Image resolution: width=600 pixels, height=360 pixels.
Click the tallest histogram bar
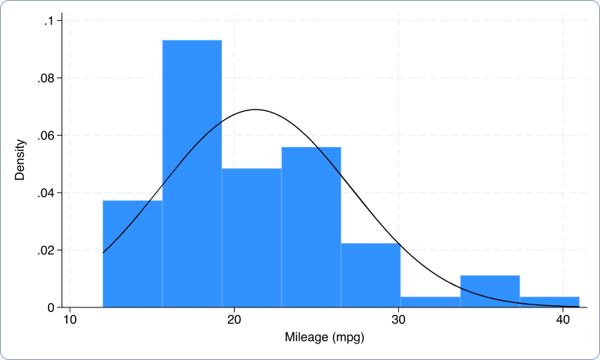point(192,173)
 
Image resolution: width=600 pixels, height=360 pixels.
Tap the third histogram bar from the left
point(251,238)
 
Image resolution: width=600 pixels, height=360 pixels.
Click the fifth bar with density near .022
point(370,275)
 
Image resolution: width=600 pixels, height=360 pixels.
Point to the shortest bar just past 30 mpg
point(430,302)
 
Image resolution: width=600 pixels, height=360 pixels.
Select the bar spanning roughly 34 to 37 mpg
point(490,292)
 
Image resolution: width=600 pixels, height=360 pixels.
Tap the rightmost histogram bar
point(549,302)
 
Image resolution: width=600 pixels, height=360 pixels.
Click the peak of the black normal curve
point(255,109)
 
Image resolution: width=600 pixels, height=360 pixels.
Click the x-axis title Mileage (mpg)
point(324,337)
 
